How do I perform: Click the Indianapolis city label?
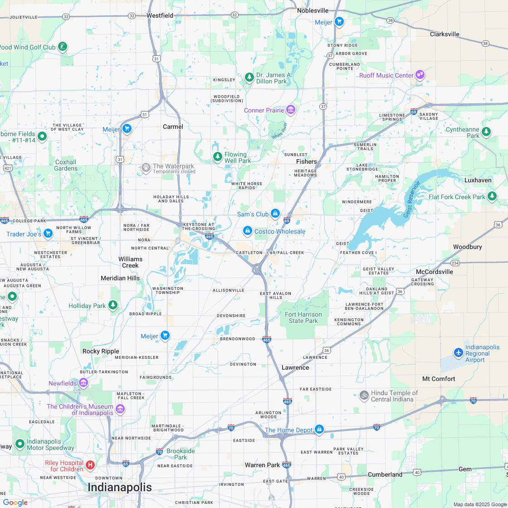coord(119,488)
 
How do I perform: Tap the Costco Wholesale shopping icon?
coord(247,231)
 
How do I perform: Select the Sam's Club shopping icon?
coord(275,214)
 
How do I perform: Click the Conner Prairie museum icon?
coord(291,110)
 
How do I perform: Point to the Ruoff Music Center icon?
coord(420,75)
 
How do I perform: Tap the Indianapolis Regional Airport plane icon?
coord(459,352)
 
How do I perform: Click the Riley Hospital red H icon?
coord(90,465)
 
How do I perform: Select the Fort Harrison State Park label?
coord(303,317)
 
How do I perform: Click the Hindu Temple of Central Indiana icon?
coord(363,396)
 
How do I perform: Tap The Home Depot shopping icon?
coord(319,429)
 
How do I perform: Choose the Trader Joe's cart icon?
coord(48,234)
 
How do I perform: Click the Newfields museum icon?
coord(83,383)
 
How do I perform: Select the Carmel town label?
coord(173,127)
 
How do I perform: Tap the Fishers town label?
coord(306,161)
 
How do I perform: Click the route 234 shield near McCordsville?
coord(455,263)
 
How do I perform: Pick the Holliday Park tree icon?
coord(113,306)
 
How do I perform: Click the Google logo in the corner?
coord(15,502)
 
